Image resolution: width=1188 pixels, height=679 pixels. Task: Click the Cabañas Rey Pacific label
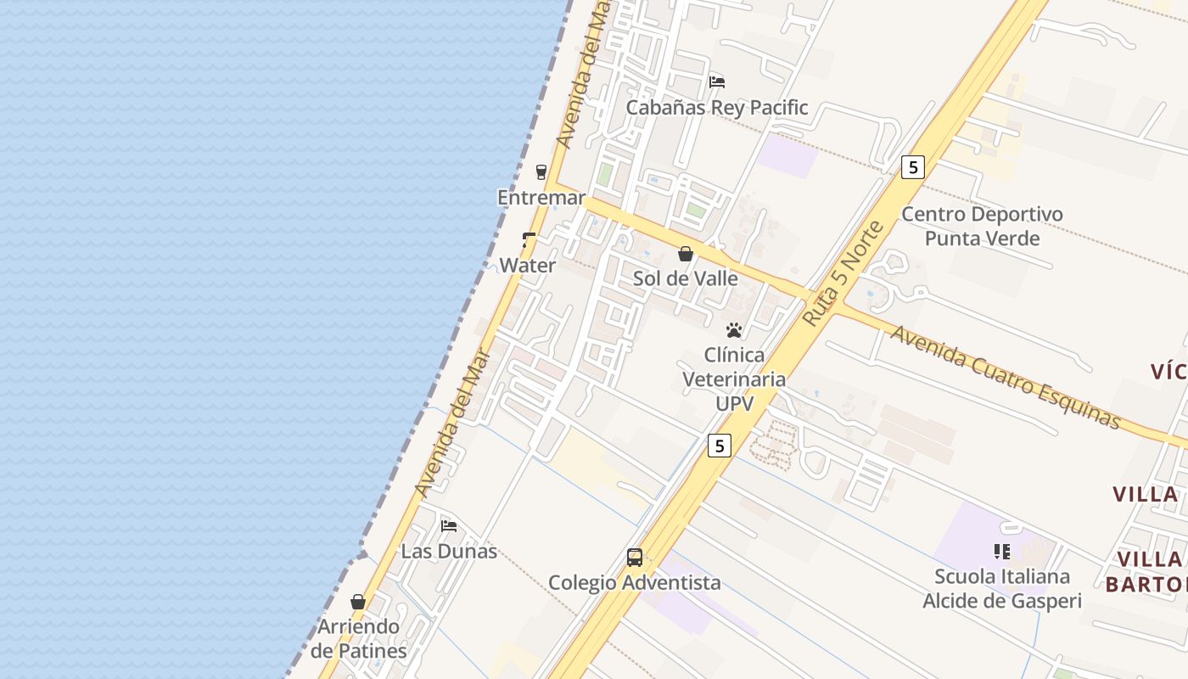pos(717,108)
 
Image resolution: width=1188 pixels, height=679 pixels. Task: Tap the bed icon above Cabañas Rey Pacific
pos(717,82)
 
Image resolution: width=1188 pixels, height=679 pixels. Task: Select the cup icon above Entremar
pos(541,172)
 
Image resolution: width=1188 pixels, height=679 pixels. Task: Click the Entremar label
pos(541,198)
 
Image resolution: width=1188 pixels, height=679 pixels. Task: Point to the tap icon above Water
pos(529,240)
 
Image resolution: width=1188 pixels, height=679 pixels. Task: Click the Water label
pos(528,265)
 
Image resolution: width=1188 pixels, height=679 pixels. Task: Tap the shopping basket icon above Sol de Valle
pos(686,254)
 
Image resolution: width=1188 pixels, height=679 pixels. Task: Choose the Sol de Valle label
pos(686,278)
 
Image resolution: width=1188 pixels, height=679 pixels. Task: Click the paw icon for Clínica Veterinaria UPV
pos(734,330)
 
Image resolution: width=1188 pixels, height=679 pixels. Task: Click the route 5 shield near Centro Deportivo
pos(912,167)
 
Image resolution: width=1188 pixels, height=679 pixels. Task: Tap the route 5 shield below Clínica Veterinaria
pos(720,445)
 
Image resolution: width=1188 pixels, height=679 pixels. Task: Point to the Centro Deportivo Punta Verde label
pos(982,226)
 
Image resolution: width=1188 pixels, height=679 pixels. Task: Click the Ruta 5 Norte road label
pos(843,273)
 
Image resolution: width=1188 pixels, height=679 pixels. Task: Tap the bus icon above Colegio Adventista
pos(635,558)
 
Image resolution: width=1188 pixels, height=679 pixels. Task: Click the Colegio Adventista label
pos(635,582)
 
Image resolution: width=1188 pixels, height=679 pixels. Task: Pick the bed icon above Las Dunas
pos(449,526)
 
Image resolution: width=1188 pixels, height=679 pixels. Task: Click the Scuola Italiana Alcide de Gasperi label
pos(1002,589)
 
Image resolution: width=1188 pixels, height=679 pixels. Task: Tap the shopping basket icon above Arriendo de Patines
pos(358,602)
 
